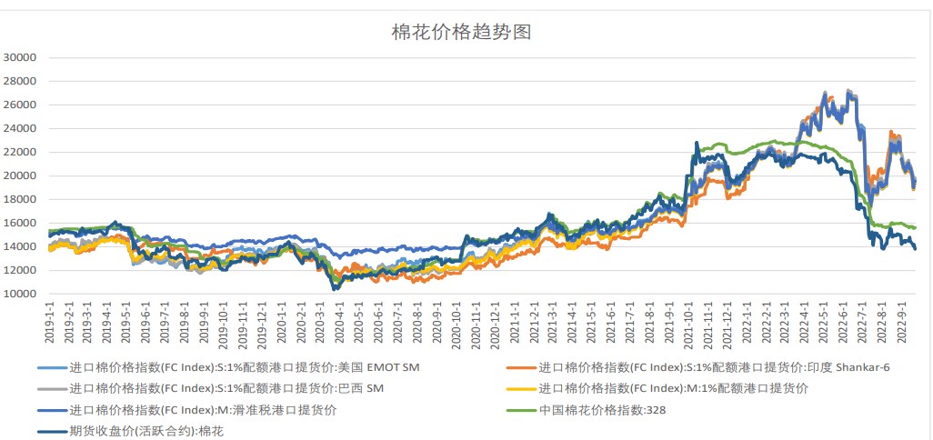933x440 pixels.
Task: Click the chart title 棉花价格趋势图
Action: (461, 33)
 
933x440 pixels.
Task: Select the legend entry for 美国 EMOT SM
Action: (245, 367)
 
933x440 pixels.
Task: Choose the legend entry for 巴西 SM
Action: (226, 389)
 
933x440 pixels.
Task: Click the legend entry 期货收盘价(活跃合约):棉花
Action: (145, 432)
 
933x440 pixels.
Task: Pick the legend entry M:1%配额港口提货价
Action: (674, 389)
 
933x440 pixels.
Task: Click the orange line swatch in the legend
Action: (520, 367)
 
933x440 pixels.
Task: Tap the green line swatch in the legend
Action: (520, 411)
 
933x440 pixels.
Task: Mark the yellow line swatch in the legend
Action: (520, 389)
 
